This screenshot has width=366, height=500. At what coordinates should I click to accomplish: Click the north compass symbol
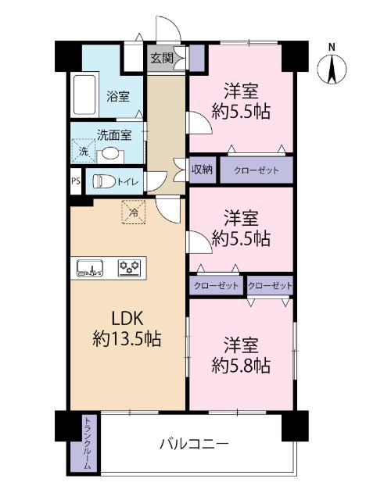coord(332,66)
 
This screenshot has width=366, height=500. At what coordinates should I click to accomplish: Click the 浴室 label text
coord(118,97)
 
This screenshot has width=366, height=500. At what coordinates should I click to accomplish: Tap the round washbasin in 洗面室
coord(110,153)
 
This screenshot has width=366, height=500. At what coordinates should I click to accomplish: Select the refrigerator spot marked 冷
coord(133,212)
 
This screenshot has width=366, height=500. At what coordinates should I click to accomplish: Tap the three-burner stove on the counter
coord(129,269)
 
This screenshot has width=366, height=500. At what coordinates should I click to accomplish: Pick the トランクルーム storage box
coord(86,444)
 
